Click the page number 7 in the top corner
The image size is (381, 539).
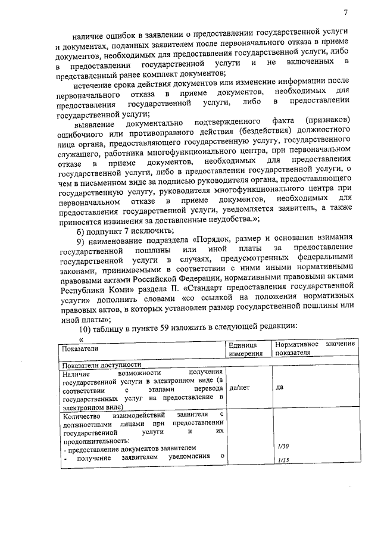[x=345, y=13]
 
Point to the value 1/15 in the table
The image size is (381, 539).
[x=283, y=460]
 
